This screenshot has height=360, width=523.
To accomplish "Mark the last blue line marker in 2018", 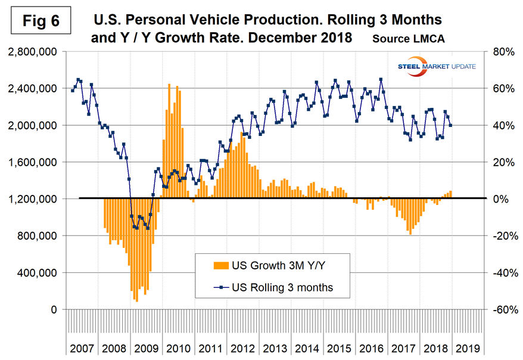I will click(450, 125).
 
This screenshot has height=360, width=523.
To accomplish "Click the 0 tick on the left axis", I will click(54, 309).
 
